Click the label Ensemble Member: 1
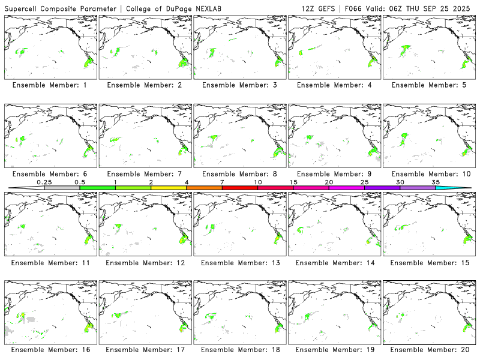click(x=50, y=85)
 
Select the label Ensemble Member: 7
click(x=144, y=173)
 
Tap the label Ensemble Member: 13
click(x=239, y=262)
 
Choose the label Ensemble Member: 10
click(x=428, y=173)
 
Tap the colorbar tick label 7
click(x=222, y=182)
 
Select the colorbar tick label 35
click(x=436, y=182)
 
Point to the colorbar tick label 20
click(x=329, y=182)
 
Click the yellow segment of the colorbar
click(x=169, y=188)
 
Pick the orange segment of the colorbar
click(x=204, y=188)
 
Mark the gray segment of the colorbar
click(x=62, y=188)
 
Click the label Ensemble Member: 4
click(x=333, y=85)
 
